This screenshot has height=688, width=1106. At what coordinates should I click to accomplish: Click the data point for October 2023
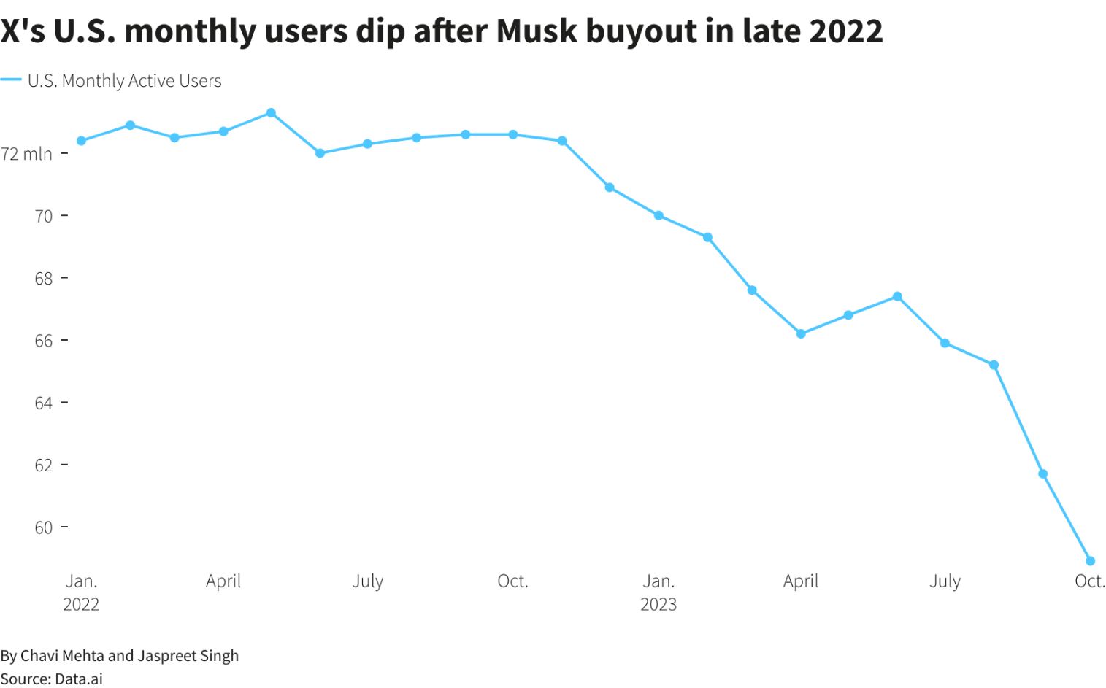click(1090, 561)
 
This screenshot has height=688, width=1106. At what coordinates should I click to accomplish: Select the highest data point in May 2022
click(271, 113)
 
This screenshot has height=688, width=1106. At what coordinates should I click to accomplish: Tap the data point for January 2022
click(81, 141)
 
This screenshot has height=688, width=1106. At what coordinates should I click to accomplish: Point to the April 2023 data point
click(801, 333)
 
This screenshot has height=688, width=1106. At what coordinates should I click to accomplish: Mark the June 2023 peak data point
click(897, 296)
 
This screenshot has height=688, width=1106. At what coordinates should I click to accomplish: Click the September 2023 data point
click(1042, 474)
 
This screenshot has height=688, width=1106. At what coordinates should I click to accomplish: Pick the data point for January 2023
click(658, 215)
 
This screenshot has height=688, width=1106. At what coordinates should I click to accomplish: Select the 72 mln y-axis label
click(27, 154)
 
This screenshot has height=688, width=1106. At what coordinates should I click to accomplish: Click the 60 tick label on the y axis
click(44, 527)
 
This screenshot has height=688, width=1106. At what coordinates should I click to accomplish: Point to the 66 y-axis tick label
click(44, 341)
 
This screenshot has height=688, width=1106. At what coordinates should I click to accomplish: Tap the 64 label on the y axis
click(44, 403)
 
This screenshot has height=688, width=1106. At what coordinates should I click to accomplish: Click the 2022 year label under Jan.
click(81, 604)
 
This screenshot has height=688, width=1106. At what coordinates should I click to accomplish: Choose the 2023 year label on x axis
click(658, 604)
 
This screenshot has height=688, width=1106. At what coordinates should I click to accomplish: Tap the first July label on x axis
click(367, 581)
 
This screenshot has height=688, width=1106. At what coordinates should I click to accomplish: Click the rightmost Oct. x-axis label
click(1089, 581)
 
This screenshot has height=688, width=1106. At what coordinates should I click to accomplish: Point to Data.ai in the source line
click(79, 679)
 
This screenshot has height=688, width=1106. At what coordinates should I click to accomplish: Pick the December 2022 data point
click(610, 188)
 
